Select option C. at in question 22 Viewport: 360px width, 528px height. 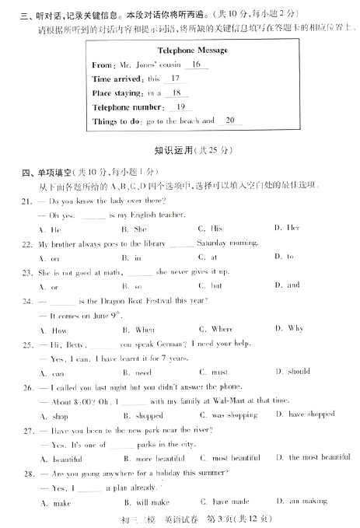(x=209, y=257)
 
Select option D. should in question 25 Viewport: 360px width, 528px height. (x=294, y=372)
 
